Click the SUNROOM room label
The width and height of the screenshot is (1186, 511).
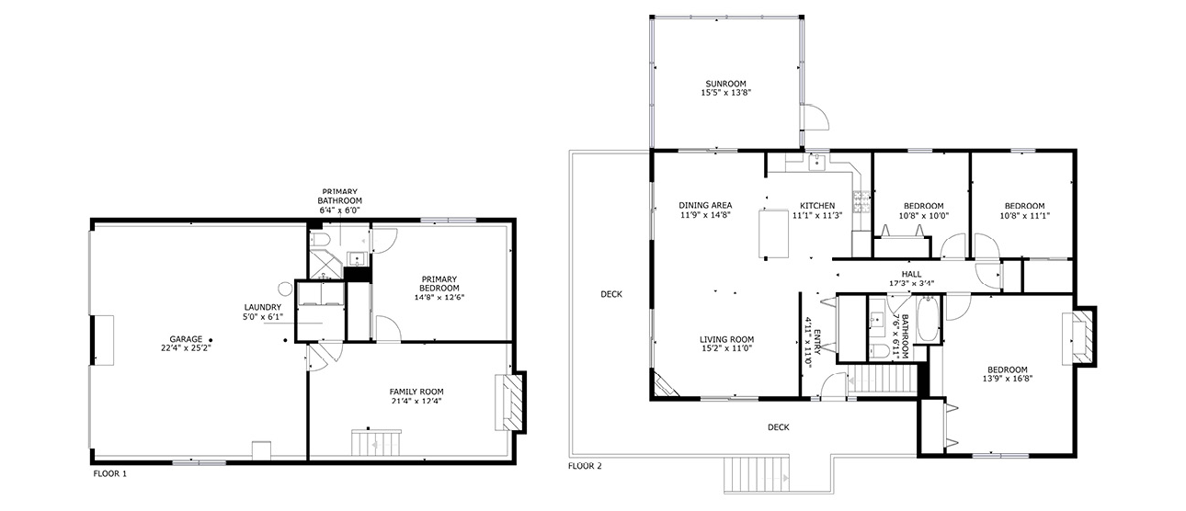pyautogui.click(x=725, y=84)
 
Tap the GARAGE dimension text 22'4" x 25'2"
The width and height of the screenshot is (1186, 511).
pyautogui.click(x=186, y=348)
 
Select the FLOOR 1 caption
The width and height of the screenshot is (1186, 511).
pyautogui.click(x=110, y=473)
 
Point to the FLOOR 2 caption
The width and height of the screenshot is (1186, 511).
pyautogui.click(x=585, y=466)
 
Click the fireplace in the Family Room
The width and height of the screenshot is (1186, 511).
pyautogui.click(x=510, y=403)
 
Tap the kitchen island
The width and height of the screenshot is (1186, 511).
pyautogui.click(x=773, y=233)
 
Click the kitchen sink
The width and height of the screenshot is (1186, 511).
pyautogui.click(x=817, y=162)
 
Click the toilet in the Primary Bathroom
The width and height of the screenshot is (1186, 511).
pyautogui.click(x=320, y=240)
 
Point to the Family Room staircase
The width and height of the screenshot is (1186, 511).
pyautogui.click(x=376, y=443)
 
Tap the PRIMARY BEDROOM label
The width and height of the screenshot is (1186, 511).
pyautogui.click(x=439, y=283)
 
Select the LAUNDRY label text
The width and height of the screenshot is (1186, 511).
pyautogui.click(x=263, y=307)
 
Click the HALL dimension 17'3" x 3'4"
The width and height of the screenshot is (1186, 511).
pyautogui.click(x=911, y=283)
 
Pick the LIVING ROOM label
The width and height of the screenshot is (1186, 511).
pyautogui.click(x=727, y=339)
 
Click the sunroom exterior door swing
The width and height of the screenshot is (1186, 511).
pyautogui.click(x=815, y=117)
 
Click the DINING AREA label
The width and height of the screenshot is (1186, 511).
pyautogui.click(x=705, y=205)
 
